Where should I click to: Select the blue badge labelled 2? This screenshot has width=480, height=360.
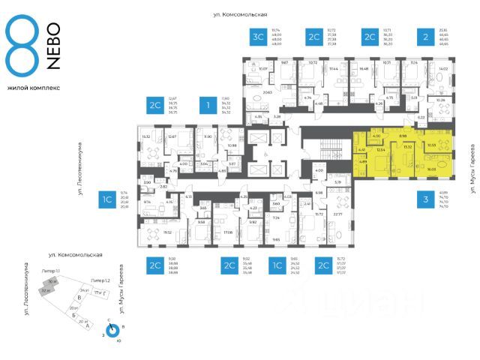point(426,37)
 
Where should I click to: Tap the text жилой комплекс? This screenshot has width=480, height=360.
point(34,88)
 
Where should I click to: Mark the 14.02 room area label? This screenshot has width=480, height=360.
point(442,70)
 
